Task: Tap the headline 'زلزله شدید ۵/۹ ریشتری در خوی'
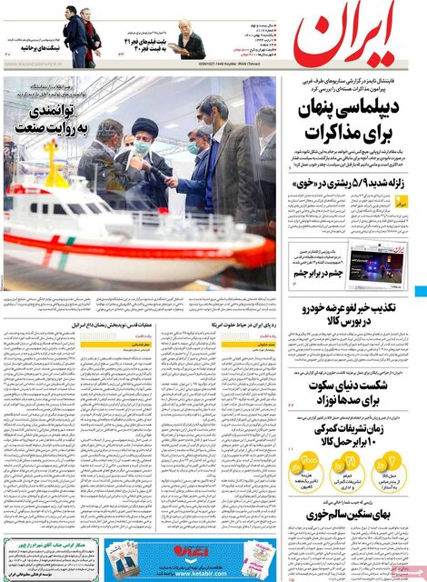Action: click(350, 185)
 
